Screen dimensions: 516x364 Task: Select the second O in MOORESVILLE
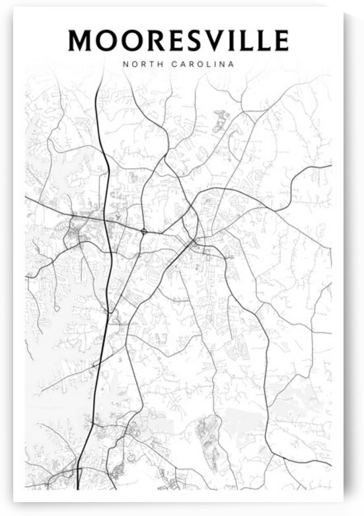coord(133,40)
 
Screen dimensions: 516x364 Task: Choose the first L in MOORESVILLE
coord(246,40)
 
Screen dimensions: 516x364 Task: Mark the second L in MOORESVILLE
coord(264,40)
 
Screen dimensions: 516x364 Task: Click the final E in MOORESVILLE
coord(281,40)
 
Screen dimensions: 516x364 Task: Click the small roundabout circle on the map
coord(144,231)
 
